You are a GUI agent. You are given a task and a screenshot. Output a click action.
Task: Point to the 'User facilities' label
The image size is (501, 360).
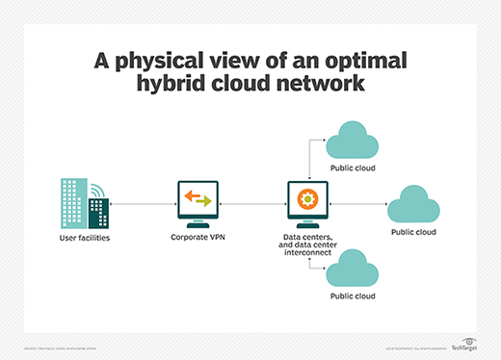click(84, 236)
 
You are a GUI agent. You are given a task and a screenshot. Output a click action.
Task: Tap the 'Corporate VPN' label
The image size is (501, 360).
click(199, 236)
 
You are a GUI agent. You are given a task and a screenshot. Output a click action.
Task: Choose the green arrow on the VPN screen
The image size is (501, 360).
click(204, 202)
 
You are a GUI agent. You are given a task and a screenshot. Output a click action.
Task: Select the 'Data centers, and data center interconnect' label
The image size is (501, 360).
click(309, 245)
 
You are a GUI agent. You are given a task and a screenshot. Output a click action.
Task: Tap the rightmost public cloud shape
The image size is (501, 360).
click(413, 204)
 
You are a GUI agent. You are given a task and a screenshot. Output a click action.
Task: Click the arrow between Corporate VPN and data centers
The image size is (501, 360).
click(254, 205)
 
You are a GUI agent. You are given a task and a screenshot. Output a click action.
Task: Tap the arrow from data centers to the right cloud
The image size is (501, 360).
click(358, 205)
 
